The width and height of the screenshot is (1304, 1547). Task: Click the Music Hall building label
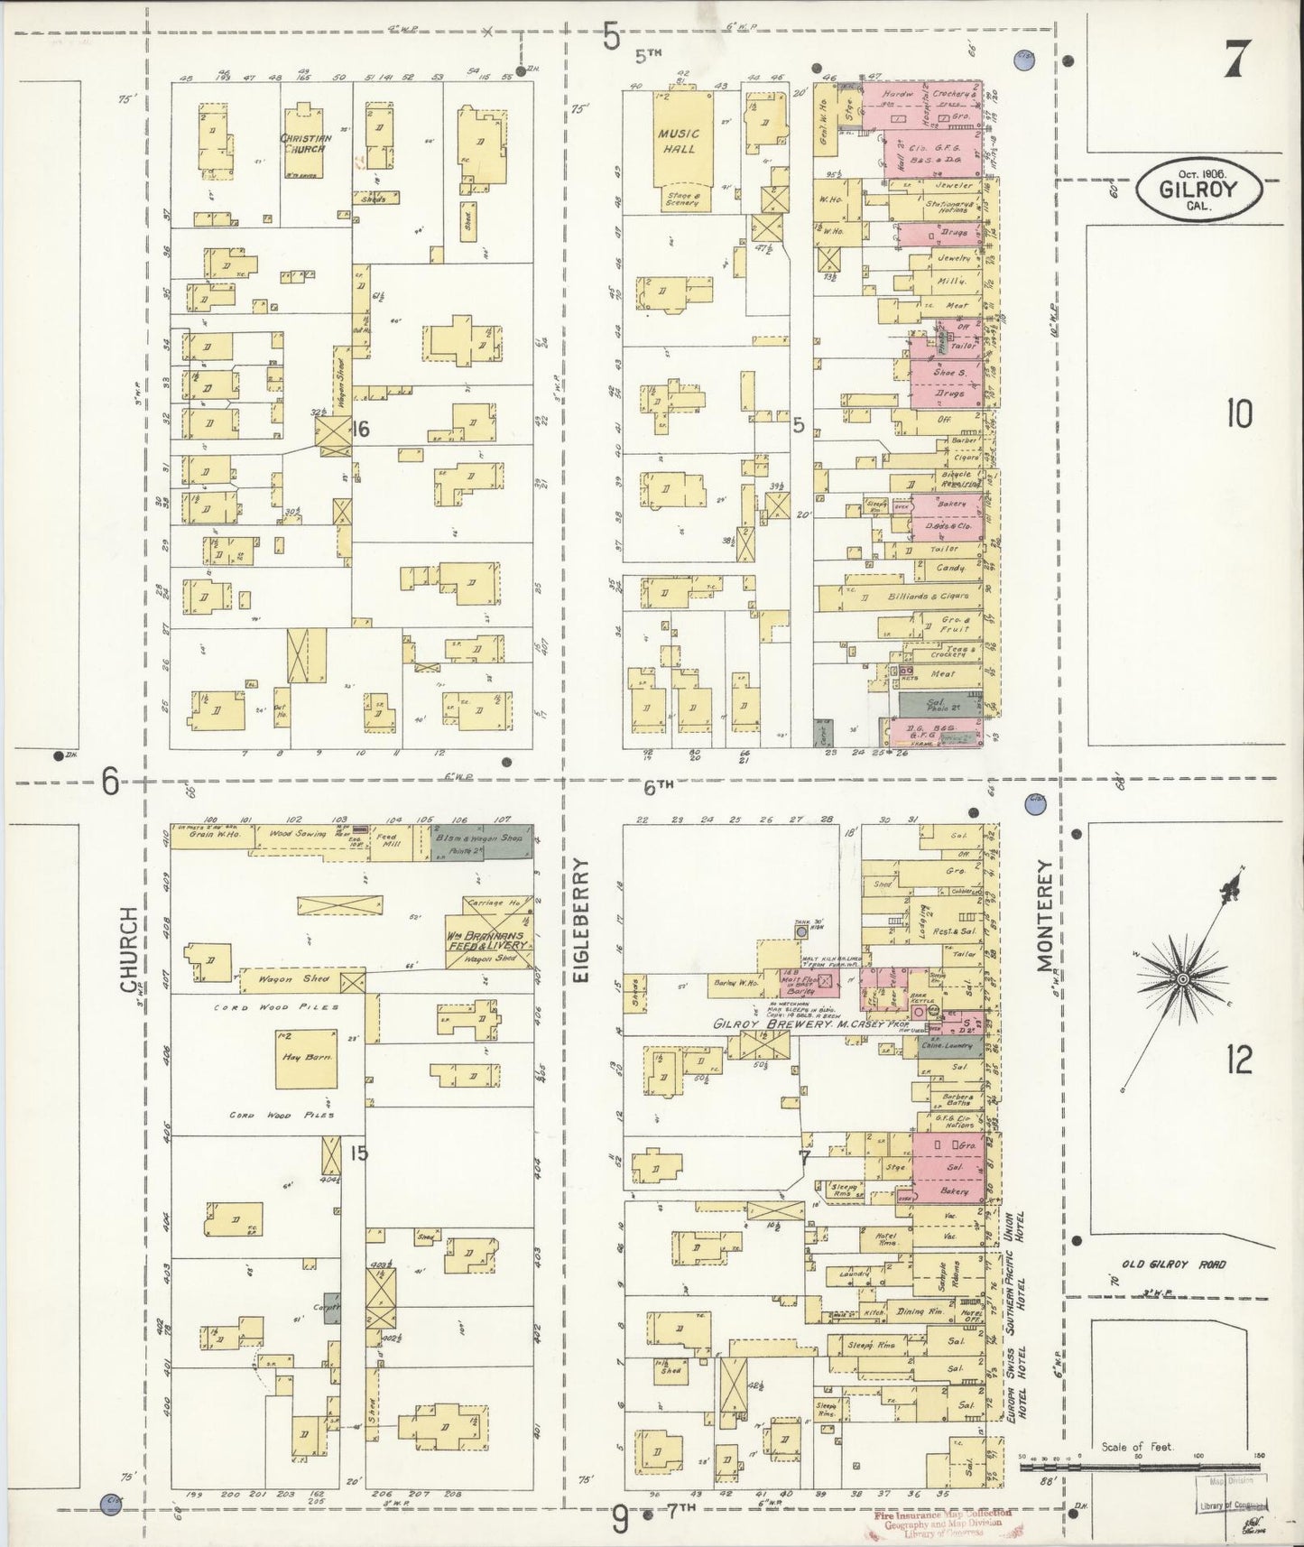(679, 141)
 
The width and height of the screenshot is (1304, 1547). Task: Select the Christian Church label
(306, 143)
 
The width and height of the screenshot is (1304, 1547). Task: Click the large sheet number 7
(1236, 60)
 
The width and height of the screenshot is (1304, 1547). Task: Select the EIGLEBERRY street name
(582, 920)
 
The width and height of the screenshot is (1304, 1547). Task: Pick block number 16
(360, 430)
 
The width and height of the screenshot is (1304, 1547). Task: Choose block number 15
(358, 1153)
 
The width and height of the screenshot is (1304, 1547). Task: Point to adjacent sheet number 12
(1239, 1061)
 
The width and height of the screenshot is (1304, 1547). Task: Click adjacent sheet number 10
(1238, 415)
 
